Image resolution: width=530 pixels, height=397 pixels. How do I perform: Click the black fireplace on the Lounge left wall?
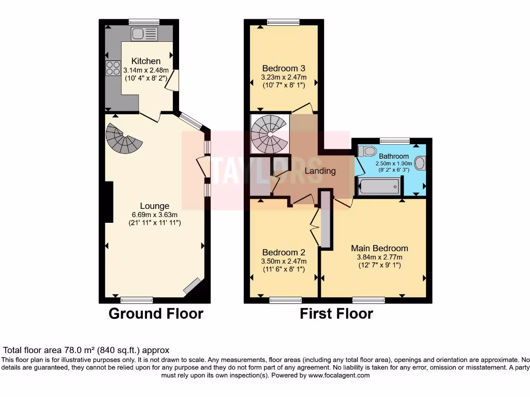tap(109, 202)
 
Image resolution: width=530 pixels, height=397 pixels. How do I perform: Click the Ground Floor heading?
tap(156, 313)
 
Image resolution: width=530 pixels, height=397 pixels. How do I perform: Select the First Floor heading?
tap(336, 313)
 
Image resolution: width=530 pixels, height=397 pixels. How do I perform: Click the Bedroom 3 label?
tap(283, 68)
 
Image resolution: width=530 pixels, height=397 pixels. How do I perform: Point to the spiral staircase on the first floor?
tap(269, 133)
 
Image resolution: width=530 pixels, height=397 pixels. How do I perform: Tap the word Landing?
tap(319, 171)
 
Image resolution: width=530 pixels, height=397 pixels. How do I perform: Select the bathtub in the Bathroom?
tap(379, 186)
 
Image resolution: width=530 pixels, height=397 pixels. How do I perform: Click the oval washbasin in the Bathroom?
tap(420, 163)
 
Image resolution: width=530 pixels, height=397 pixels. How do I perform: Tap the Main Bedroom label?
tap(379, 248)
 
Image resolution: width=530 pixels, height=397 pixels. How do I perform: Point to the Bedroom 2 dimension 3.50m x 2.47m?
tap(283, 261)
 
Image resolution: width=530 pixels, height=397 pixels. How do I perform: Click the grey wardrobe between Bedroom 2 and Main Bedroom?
tap(326, 220)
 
